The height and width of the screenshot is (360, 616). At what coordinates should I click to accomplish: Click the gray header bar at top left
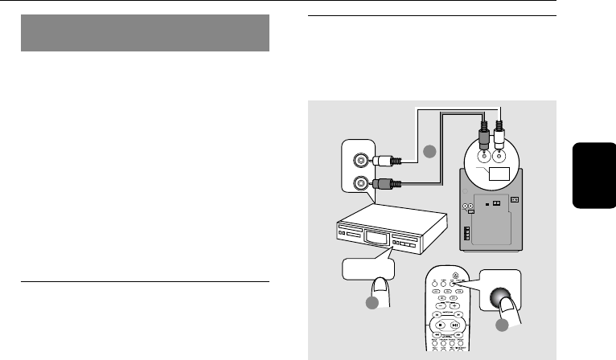(x=144, y=33)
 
